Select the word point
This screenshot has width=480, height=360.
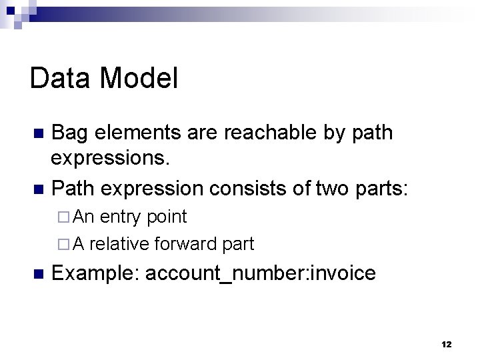click(167, 217)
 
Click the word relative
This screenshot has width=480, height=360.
click(119, 244)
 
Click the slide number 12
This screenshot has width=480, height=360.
click(446, 344)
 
